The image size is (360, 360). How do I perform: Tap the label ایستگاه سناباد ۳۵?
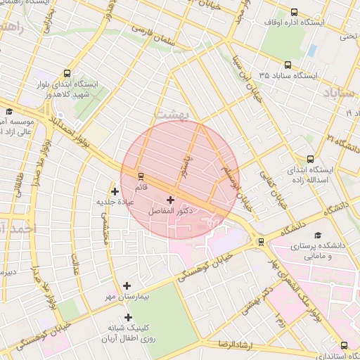pos(288,75)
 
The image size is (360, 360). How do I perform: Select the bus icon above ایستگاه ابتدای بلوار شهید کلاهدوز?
pos(67,73)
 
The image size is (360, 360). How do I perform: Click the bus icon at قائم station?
pos(141,176)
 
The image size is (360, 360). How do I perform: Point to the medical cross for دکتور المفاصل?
pos(171,200)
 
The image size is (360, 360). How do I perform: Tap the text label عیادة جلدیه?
pos(116,202)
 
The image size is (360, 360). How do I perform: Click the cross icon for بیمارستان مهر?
pos(127,285)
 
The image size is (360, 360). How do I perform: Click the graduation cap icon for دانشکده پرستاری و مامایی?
pos(317,236)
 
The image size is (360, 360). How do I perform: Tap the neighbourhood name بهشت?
pos(188,114)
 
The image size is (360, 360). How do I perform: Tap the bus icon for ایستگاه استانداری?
pos(344,345)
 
